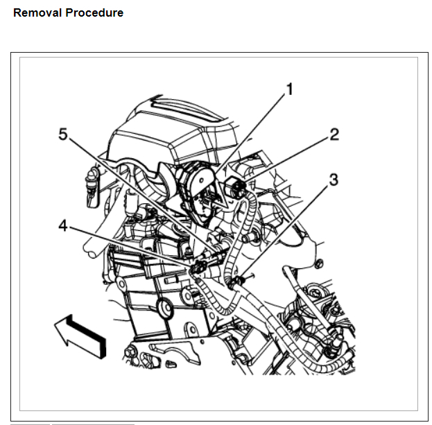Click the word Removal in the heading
click(x=35, y=12)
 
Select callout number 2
click(x=334, y=134)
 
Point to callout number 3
click(x=334, y=180)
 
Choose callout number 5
click(x=63, y=135)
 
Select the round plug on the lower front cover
click(x=165, y=308)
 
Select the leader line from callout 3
click(x=284, y=229)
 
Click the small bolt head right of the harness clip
click(x=319, y=263)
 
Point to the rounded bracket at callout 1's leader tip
click(x=198, y=182)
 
